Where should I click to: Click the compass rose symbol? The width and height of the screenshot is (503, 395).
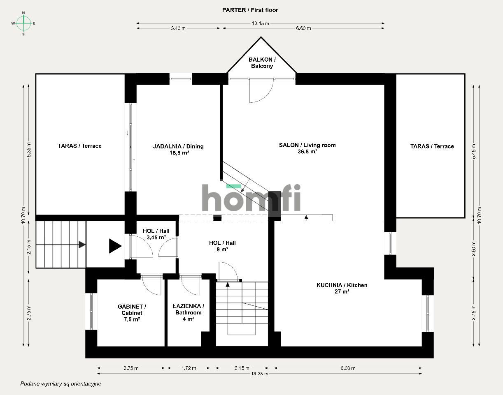(x=24, y=23)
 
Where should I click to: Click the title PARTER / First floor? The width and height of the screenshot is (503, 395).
(x=250, y=10)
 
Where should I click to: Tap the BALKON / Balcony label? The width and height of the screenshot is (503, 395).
(x=262, y=63)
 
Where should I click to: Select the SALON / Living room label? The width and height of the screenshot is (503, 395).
(x=307, y=145)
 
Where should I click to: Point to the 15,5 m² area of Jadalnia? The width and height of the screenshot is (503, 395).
(x=178, y=152)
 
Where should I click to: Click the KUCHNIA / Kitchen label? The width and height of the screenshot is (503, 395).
(x=342, y=285)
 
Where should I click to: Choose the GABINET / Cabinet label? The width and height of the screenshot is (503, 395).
(x=132, y=310)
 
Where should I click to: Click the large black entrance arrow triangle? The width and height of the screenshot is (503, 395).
(x=115, y=246)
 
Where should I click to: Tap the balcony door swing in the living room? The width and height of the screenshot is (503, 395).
(x=260, y=90)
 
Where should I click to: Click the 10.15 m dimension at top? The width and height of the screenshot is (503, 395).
(x=261, y=23)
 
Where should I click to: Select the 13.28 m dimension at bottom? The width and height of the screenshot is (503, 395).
(x=260, y=374)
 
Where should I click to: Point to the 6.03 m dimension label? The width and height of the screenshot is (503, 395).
(x=347, y=368)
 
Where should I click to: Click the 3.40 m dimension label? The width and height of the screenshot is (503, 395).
(x=178, y=28)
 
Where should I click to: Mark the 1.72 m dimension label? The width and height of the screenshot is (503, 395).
(x=189, y=368)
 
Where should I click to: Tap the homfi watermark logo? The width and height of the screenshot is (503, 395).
(x=251, y=198)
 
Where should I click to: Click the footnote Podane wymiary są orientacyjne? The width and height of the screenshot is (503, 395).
(x=61, y=383)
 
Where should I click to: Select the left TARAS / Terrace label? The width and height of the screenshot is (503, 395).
(x=79, y=146)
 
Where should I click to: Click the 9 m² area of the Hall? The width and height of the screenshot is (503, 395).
(x=222, y=249)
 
